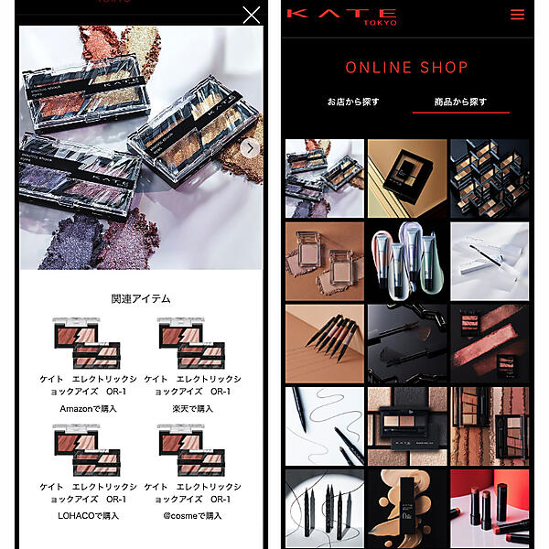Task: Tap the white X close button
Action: [251, 15]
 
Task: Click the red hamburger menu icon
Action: [518, 15]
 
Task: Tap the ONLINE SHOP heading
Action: [407, 68]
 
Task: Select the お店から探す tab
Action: [353, 102]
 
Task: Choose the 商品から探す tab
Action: [460, 102]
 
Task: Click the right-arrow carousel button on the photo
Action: [250, 149]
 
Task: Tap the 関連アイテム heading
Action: [141, 298]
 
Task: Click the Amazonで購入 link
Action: [89, 408]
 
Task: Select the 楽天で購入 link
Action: [193, 408]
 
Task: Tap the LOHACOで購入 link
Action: [89, 515]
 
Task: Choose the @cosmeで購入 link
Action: [193, 515]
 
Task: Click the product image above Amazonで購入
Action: [88, 342]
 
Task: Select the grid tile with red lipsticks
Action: [490, 508]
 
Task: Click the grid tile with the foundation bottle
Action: [407, 508]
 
